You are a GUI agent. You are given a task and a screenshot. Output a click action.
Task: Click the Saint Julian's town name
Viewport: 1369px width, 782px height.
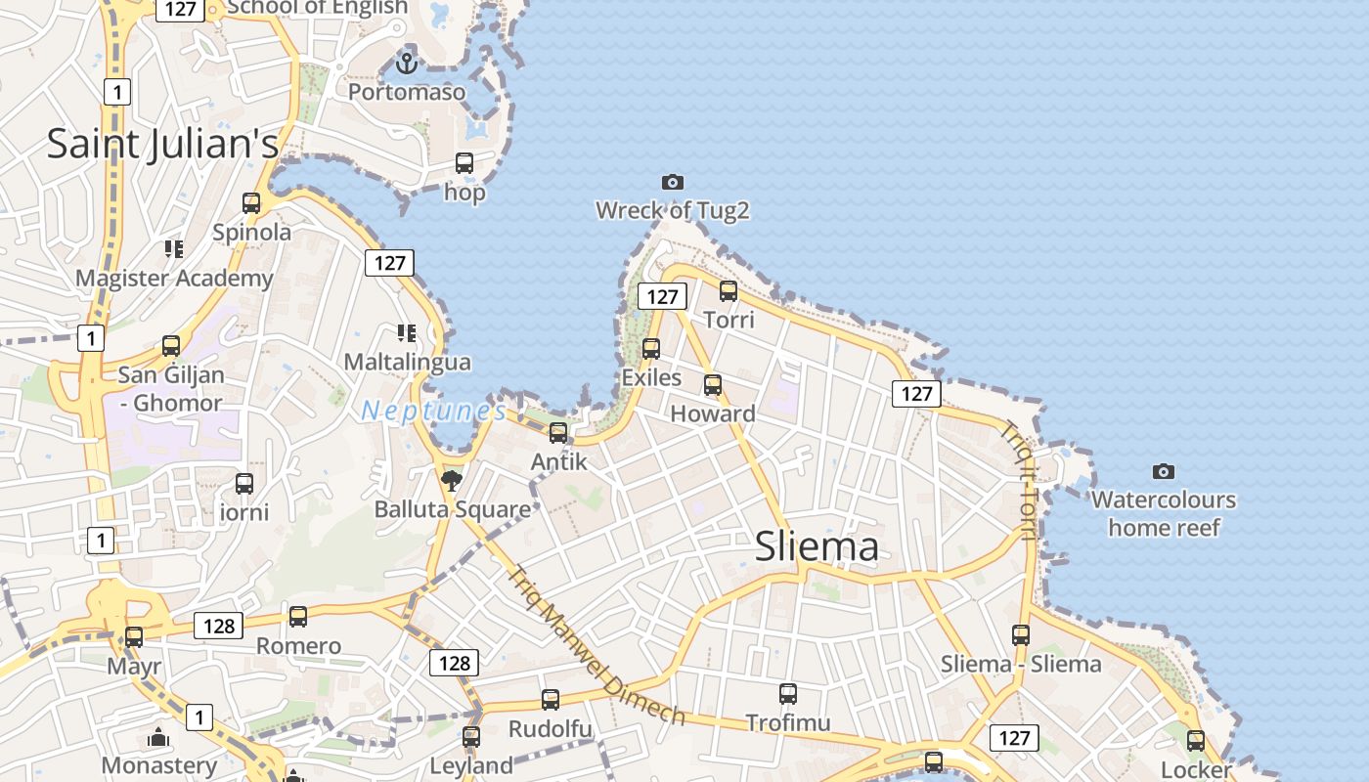(x=162, y=144)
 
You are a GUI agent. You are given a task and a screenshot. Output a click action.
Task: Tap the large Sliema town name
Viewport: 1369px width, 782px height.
(x=817, y=547)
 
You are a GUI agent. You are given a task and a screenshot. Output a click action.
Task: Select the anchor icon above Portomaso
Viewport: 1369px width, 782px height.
(x=406, y=65)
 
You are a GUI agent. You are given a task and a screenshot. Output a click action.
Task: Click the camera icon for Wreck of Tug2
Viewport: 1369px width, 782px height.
(x=672, y=182)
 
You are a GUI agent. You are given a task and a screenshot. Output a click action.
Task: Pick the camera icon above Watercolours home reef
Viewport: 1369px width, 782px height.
(x=1163, y=471)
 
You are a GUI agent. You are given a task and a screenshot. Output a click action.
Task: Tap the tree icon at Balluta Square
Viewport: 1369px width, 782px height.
(x=451, y=480)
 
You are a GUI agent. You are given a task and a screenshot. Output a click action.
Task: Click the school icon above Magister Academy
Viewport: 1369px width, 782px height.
(x=174, y=249)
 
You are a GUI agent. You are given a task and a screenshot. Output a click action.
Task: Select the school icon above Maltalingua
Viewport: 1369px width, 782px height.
(x=407, y=333)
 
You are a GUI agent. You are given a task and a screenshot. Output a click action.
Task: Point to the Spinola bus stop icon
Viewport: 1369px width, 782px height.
(x=251, y=203)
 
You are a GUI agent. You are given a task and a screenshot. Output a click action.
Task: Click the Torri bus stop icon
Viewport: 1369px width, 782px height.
(x=729, y=290)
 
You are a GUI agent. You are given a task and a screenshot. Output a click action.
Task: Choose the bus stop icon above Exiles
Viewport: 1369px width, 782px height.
(x=651, y=348)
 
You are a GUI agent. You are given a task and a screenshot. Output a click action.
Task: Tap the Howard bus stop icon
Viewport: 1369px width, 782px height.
(x=713, y=384)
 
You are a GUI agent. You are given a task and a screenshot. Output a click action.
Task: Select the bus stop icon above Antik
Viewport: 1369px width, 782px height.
(x=558, y=432)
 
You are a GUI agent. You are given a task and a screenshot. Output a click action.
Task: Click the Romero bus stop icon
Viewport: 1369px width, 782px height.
(x=298, y=617)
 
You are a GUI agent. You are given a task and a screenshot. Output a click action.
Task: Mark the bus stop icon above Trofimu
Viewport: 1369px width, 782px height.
(x=788, y=694)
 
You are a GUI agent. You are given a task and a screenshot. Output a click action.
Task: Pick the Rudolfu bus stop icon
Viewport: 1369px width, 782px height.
(x=551, y=700)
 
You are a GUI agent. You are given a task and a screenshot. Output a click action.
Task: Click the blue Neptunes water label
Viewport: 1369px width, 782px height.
(x=433, y=412)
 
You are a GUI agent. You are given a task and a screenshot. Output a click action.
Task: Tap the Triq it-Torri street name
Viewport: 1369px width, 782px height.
(x=1019, y=479)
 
